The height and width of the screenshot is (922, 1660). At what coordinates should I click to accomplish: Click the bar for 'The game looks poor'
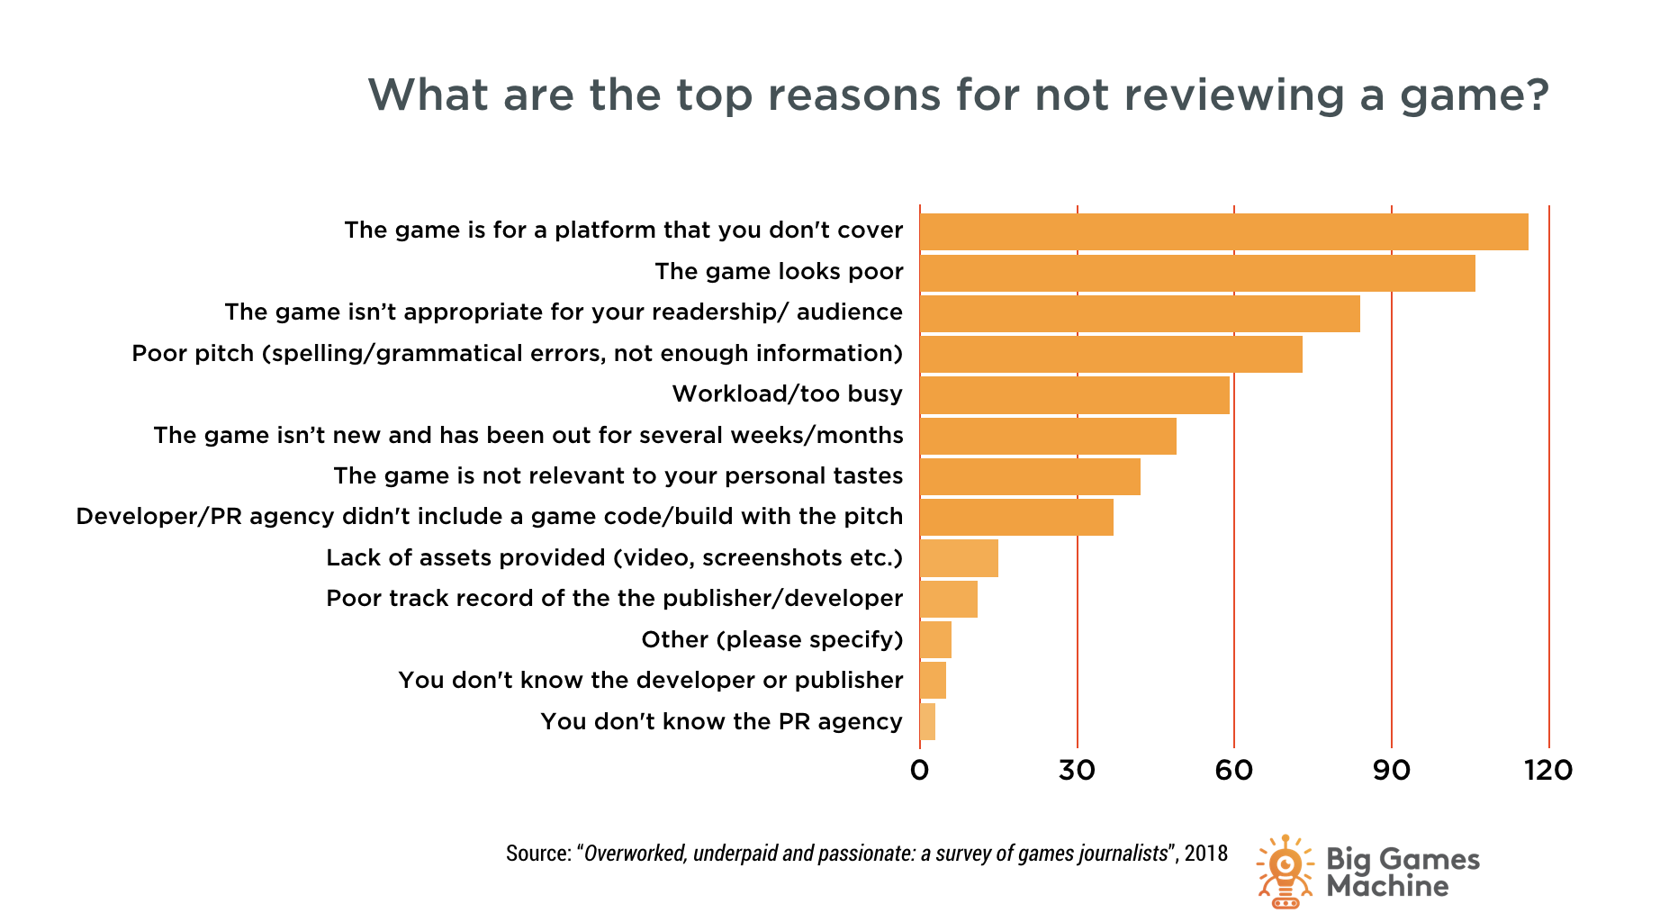click(1197, 273)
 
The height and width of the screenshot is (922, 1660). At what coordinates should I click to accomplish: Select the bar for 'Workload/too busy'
click(1074, 395)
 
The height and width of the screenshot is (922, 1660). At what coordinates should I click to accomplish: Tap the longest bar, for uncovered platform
click(1223, 231)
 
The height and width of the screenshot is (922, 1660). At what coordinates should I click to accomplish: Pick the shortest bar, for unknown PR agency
click(928, 722)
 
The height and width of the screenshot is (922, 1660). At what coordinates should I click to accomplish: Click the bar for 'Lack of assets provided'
click(959, 558)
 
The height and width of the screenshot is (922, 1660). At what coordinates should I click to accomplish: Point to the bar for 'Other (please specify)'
click(936, 640)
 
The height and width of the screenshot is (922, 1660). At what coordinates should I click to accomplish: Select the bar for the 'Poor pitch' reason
click(1111, 354)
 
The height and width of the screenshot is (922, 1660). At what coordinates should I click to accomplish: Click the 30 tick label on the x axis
click(1077, 771)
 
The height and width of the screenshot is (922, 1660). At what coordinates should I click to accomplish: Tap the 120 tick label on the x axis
click(1548, 771)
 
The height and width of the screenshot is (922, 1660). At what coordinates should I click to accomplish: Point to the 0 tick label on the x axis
click(919, 771)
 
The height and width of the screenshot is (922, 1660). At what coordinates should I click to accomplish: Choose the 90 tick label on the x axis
click(1391, 771)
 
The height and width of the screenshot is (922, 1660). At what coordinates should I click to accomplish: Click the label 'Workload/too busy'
click(787, 394)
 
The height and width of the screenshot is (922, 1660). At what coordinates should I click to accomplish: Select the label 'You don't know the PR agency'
click(721, 722)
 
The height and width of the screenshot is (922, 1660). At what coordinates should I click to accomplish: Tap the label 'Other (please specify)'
click(771, 640)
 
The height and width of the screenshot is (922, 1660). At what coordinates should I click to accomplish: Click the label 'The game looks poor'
click(779, 272)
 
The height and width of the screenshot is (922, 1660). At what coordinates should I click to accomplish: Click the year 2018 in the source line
click(1206, 854)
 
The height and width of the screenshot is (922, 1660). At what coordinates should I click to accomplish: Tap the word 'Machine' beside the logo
click(1387, 887)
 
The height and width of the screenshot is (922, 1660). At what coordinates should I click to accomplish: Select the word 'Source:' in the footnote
click(538, 854)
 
